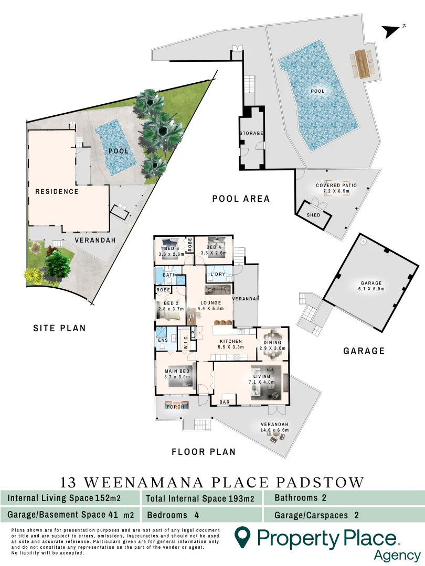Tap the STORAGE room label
[x=251, y=134]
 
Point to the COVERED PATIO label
[x=336, y=186]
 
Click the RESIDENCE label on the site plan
[x=57, y=191]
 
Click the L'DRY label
[x=218, y=275]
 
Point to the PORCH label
[x=173, y=407]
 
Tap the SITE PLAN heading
[x=59, y=329]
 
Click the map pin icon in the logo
[x=241, y=537]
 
